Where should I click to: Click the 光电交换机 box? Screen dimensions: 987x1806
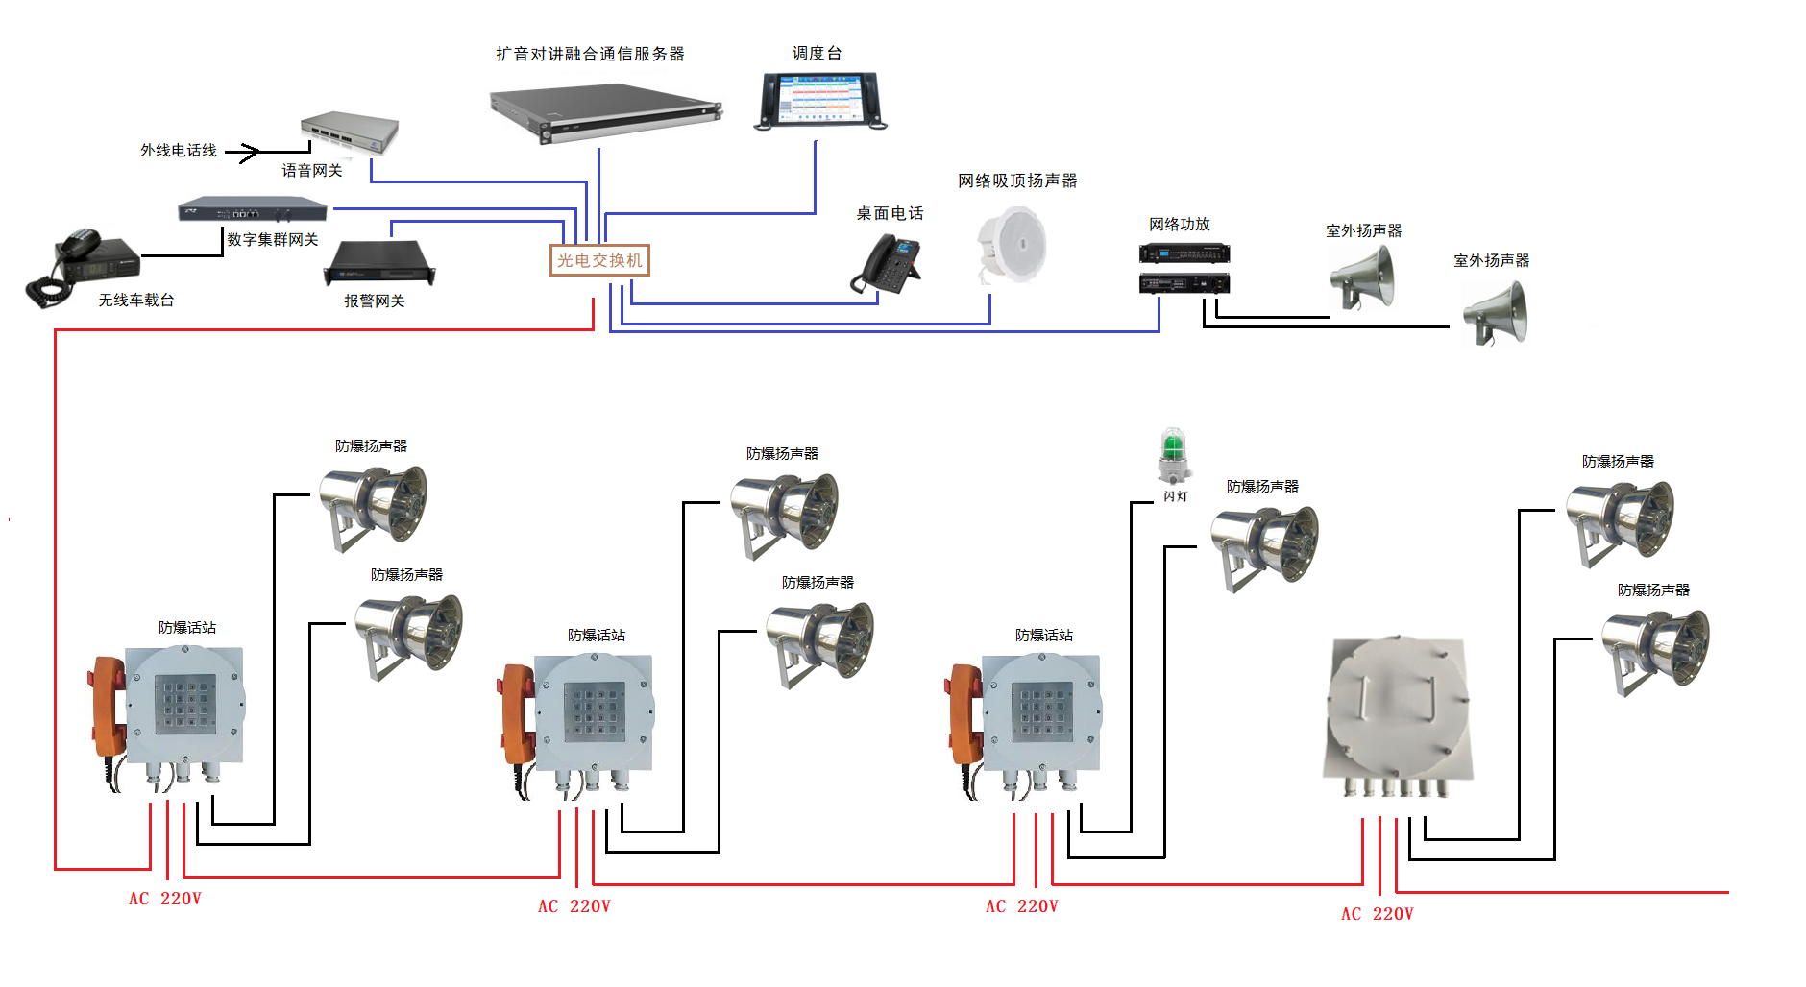pyautogui.click(x=599, y=260)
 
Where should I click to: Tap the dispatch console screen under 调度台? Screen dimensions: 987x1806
pyautogui.click(x=821, y=99)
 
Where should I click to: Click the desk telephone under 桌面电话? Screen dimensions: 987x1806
pyautogui.click(x=888, y=263)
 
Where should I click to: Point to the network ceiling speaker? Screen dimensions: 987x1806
pyautogui.click(x=1011, y=246)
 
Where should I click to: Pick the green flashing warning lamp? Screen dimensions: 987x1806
pyautogui.click(x=1173, y=455)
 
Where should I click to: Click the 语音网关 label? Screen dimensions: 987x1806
pyautogui.click(x=311, y=171)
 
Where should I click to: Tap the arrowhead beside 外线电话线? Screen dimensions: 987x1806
pyautogui.click(x=249, y=152)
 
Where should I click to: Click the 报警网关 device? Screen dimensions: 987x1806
pyautogui.click(x=380, y=262)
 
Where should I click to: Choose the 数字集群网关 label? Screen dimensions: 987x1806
pyautogui.click(x=272, y=239)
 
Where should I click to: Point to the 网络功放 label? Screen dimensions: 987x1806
pyautogui.click(x=1179, y=225)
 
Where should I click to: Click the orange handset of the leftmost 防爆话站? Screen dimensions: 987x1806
pyautogui.click(x=109, y=706)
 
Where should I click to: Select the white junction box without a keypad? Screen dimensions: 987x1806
pyautogui.click(x=1398, y=710)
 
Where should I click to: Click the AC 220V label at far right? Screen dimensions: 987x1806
pyautogui.click(x=1377, y=914)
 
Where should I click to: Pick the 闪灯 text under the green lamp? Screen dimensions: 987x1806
pyautogui.click(x=1175, y=496)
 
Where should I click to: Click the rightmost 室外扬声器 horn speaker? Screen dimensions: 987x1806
pyautogui.click(x=1496, y=313)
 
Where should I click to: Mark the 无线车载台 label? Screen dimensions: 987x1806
pyautogui.click(x=136, y=301)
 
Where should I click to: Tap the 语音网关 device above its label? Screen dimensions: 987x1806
pyautogui.click(x=350, y=132)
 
